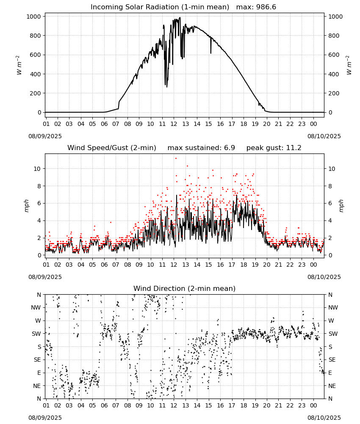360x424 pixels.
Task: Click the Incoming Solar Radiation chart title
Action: (x=160, y=7)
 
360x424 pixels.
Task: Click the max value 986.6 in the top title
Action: (x=266, y=7)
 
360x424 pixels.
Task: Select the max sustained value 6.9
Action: (x=229, y=148)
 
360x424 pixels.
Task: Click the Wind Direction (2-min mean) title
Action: (x=185, y=288)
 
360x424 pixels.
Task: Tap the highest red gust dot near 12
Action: (x=176, y=158)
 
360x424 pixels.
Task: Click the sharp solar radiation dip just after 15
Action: (x=210, y=45)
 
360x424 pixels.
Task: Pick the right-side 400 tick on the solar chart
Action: (x=334, y=74)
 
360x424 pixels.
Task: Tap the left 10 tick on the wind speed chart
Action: (x=37, y=169)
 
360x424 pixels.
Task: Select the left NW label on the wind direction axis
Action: (x=36, y=308)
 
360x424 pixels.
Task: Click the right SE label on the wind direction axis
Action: (x=332, y=360)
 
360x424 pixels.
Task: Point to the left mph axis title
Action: (x=26, y=206)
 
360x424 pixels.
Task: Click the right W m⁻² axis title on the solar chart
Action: (x=349, y=65)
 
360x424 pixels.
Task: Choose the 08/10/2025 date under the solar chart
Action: (x=324, y=136)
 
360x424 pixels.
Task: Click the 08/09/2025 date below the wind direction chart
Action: (x=45, y=418)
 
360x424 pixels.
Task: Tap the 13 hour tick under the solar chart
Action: (x=185, y=124)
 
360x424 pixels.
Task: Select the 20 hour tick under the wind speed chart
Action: (x=266, y=265)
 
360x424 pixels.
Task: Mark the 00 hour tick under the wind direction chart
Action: (x=313, y=406)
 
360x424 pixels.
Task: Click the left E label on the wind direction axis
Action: (x=39, y=373)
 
